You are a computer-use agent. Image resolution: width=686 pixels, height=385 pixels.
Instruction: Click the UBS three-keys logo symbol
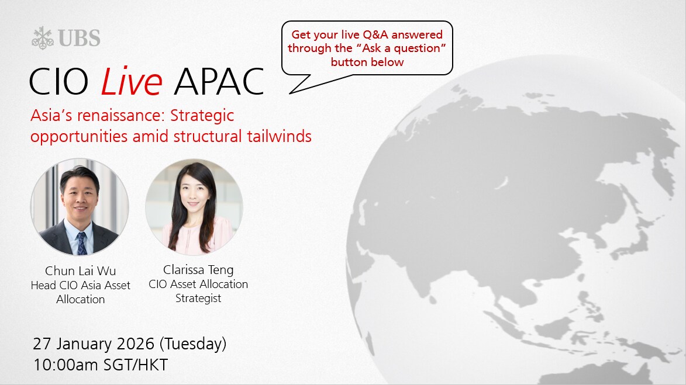coord(43,37)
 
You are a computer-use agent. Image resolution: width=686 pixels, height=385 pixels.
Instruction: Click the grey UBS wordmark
coord(79,38)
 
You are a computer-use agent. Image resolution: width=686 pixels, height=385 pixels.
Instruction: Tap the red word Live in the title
coord(131,81)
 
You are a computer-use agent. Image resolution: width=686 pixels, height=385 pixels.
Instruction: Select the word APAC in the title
coord(219,82)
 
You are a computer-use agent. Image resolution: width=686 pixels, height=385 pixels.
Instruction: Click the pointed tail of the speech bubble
coord(290,93)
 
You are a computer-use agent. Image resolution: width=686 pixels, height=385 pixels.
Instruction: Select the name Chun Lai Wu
coord(81,271)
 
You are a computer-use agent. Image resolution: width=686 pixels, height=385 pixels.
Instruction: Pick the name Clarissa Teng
coord(198,270)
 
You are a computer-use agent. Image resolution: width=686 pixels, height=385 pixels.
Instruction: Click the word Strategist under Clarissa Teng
coord(198,298)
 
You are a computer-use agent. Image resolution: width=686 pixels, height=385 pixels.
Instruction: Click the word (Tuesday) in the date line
coord(192,344)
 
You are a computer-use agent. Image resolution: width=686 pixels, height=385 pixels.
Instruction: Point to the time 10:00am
coord(66,365)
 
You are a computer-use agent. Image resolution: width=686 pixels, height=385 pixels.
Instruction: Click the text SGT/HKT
coord(136,365)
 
